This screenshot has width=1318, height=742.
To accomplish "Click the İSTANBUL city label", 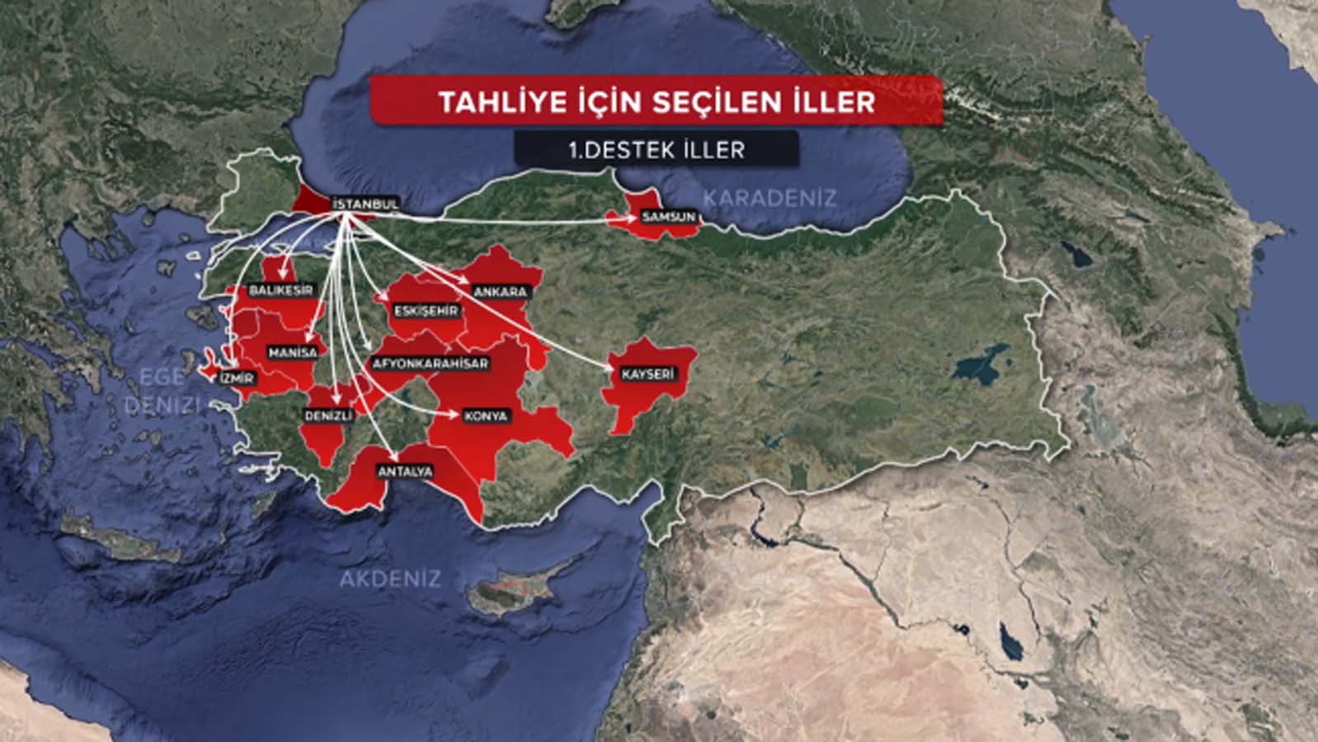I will pyautogui.click(x=365, y=204).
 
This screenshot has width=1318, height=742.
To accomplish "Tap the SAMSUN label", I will pyautogui.click(x=668, y=218).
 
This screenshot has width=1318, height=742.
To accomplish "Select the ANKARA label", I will pyautogui.click(x=500, y=292).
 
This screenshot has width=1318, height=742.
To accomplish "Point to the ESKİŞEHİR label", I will pyautogui.click(x=426, y=311).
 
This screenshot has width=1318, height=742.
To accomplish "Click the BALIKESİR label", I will pyautogui.click(x=281, y=290).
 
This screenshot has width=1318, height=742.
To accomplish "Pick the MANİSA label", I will pyautogui.click(x=293, y=352).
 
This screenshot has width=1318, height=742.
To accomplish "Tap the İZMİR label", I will pyautogui.click(x=236, y=378).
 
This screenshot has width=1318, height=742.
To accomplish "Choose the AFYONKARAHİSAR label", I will pyautogui.click(x=431, y=364).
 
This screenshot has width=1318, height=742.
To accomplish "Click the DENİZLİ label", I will pyautogui.click(x=328, y=416).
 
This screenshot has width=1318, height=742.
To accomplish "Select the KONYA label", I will pyautogui.click(x=485, y=416).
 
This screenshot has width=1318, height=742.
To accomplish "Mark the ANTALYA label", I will pyautogui.click(x=404, y=472).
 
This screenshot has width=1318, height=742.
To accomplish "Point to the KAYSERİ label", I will pyautogui.click(x=647, y=374).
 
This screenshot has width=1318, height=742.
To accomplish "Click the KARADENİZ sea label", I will pyautogui.click(x=769, y=198).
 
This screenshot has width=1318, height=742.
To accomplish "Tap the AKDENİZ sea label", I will pyautogui.click(x=389, y=579).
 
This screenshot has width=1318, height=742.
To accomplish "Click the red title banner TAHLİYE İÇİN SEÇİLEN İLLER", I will pyautogui.click(x=657, y=101).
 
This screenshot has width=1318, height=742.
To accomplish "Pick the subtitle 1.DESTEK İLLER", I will pyautogui.click(x=657, y=149).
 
